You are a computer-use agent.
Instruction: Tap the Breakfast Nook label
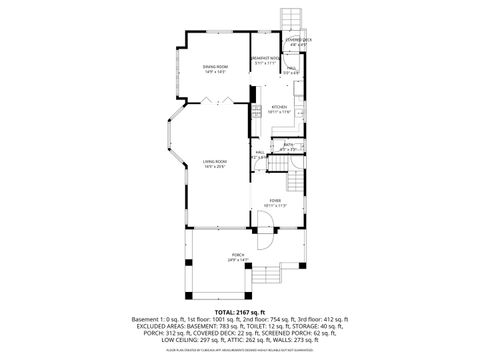[263, 60]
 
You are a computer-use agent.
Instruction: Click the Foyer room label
[274, 201]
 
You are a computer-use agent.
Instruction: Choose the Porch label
[238, 255]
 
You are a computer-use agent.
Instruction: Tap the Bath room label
[287, 144]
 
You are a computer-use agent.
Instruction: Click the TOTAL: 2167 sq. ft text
[240, 312]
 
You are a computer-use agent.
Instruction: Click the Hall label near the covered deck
[291, 68]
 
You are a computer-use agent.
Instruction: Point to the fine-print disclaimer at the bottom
[240, 350]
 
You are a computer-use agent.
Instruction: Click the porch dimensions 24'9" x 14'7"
[238, 260]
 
